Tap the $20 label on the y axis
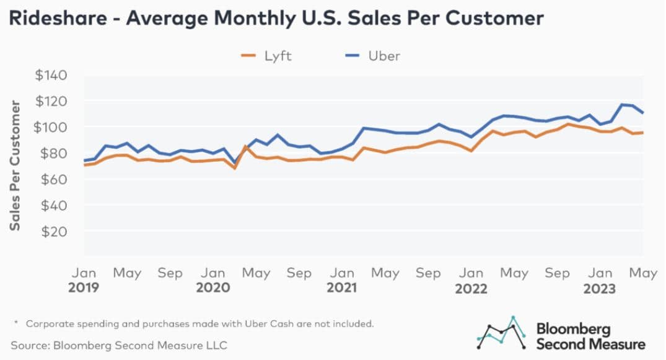tap(55, 231)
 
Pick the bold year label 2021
tap(342, 288)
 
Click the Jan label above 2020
tap(213, 273)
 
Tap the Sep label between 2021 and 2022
tap(429, 273)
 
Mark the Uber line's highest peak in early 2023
tap(622, 105)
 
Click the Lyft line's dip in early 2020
tap(234, 168)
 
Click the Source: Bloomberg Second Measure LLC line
tap(118, 345)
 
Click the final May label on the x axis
tap(642, 273)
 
